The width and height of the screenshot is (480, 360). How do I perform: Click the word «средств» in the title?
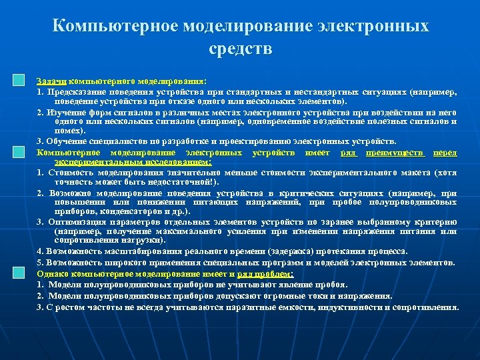[x=240, y=49]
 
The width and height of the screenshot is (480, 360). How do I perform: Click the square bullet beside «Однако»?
[x=19, y=273]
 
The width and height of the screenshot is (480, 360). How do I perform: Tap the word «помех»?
[x=67, y=131]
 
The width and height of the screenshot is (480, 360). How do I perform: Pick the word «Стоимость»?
[x=72, y=173]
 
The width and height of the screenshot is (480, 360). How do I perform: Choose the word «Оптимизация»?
[x=79, y=221]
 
